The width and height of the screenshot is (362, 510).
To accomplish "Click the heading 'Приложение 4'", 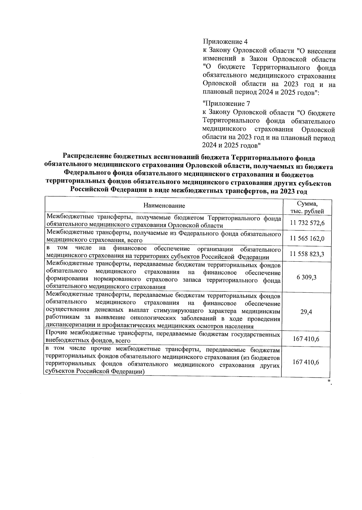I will pyautogui.click(x=225, y=41).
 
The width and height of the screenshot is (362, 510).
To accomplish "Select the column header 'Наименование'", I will pyautogui.click(x=164, y=206).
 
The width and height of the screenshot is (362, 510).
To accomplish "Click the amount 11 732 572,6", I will pyautogui.click(x=307, y=223).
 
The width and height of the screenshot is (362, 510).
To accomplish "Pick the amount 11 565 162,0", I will pyautogui.click(x=307, y=238).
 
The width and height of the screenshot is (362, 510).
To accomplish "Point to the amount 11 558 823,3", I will pyautogui.click(x=307, y=254).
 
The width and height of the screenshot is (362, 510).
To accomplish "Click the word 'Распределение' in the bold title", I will pyautogui.click(x=87, y=157).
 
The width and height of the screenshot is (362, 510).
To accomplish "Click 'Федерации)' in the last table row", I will pyautogui.click(x=128, y=372).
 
